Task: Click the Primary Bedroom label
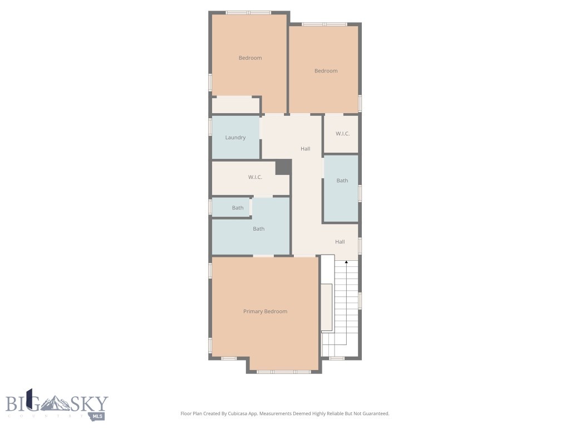(x=265, y=312)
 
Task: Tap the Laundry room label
(x=235, y=138)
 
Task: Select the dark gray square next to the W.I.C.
(x=283, y=167)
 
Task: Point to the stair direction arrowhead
(x=347, y=262)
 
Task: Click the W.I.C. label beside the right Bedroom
(x=342, y=134)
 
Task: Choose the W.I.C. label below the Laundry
(x=255, y=177)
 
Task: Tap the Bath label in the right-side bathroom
(x=342, y=181)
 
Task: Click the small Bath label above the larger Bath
(x=238, y=208)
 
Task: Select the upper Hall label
(x=305, y=149)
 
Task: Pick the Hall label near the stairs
(x=340, y=242)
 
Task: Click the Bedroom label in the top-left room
(x=250, y=58)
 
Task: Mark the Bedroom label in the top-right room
(x=326, y=71)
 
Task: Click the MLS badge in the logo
(x=99, y=416)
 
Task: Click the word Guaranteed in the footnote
(x=375, y=414)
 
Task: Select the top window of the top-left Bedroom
(x=248, y=12)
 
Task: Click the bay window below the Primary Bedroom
(x=284, y=371)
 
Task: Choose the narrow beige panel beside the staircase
(x=327, y=307)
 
